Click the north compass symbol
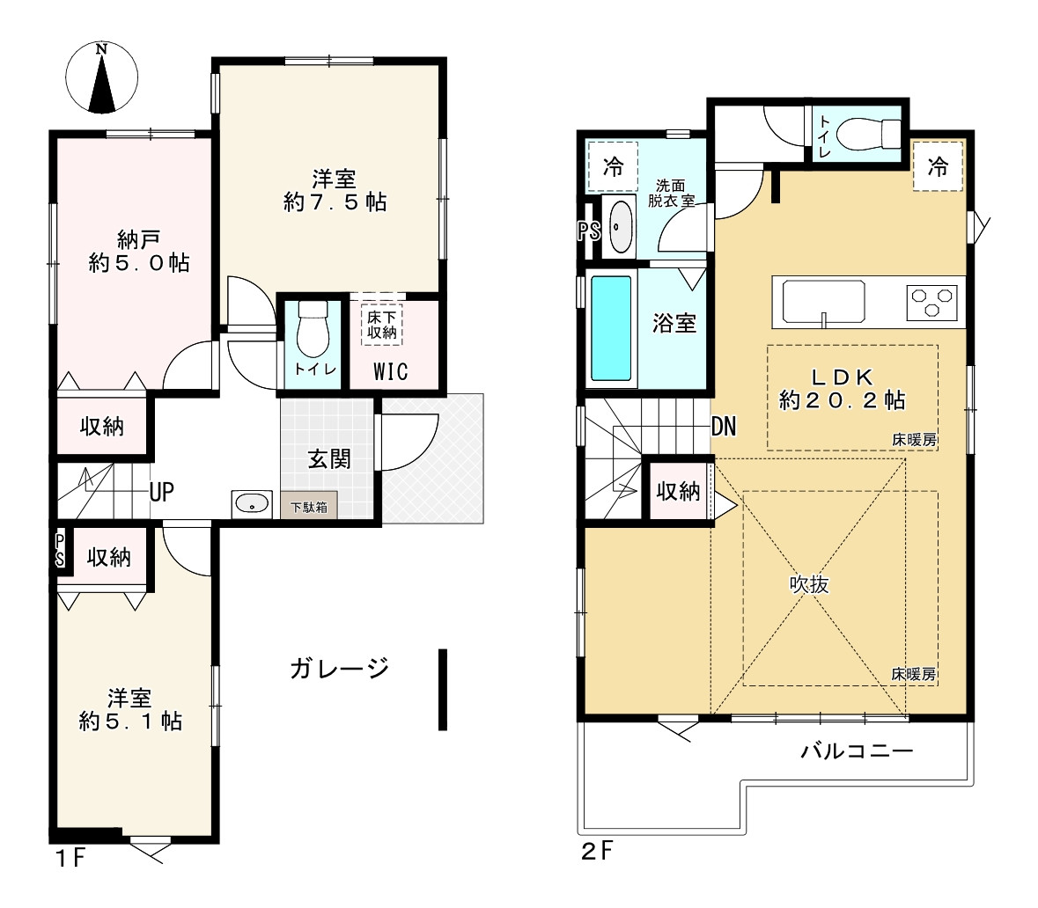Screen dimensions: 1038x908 point(101,77)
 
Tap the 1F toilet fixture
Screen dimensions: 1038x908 point(313,329)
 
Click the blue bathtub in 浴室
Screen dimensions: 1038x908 point(610,329)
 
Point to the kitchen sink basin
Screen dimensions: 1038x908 point(823,302)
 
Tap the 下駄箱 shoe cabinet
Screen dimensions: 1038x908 point(308,506)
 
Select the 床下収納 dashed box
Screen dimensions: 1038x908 point(382,325)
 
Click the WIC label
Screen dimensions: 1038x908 point(390,372)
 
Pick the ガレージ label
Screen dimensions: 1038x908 point(340,669)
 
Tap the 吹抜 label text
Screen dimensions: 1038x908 point(809,584)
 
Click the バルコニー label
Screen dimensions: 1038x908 point(858,751)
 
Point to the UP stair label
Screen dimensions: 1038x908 point(161,492)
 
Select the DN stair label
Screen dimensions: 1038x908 point(724,427)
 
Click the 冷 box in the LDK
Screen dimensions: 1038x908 point(938,167)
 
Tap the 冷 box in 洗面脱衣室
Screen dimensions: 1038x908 point(613,167)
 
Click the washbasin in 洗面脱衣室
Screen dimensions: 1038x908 point(620,227)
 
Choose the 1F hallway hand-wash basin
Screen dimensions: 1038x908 point(252,504)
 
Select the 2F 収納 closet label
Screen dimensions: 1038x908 point(678,491)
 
